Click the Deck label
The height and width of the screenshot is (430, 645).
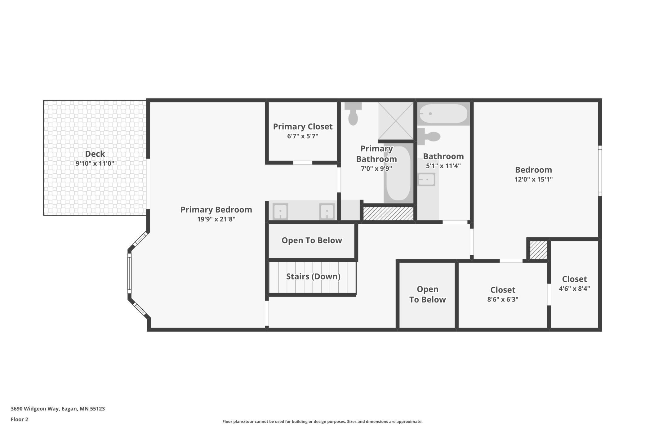coord(95,154)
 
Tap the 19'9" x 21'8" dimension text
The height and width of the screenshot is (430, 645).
coord(216,219)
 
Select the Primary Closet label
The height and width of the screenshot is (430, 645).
coord(303,127)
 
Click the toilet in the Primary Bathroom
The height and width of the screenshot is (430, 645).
coord(353,113)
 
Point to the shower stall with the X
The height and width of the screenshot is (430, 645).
coord(396,121)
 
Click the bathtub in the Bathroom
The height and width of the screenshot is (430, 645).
coord(443,114)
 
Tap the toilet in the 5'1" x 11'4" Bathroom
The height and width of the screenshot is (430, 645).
coord(429,137)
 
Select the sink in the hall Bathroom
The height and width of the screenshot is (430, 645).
coord(426,179)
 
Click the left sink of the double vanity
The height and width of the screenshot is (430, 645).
coord(280,211)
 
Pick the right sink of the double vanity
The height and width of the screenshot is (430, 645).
coord(327,211)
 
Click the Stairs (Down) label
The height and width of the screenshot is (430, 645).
coord(313,276)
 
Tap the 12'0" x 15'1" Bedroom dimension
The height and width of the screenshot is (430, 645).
coord(533,179)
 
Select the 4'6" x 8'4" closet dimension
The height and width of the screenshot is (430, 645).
coord(574,289)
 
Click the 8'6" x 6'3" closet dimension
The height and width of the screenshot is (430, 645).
coord(503,299)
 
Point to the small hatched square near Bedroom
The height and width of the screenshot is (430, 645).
coord(538,250)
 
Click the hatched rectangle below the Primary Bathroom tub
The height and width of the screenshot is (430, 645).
coord(389,214)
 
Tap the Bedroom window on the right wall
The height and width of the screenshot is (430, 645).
coord(600,171)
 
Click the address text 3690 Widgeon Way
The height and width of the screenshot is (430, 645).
coord(35,409)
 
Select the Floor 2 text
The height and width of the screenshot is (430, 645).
coord(20,419)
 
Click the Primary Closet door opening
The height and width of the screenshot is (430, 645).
coord(303,163)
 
